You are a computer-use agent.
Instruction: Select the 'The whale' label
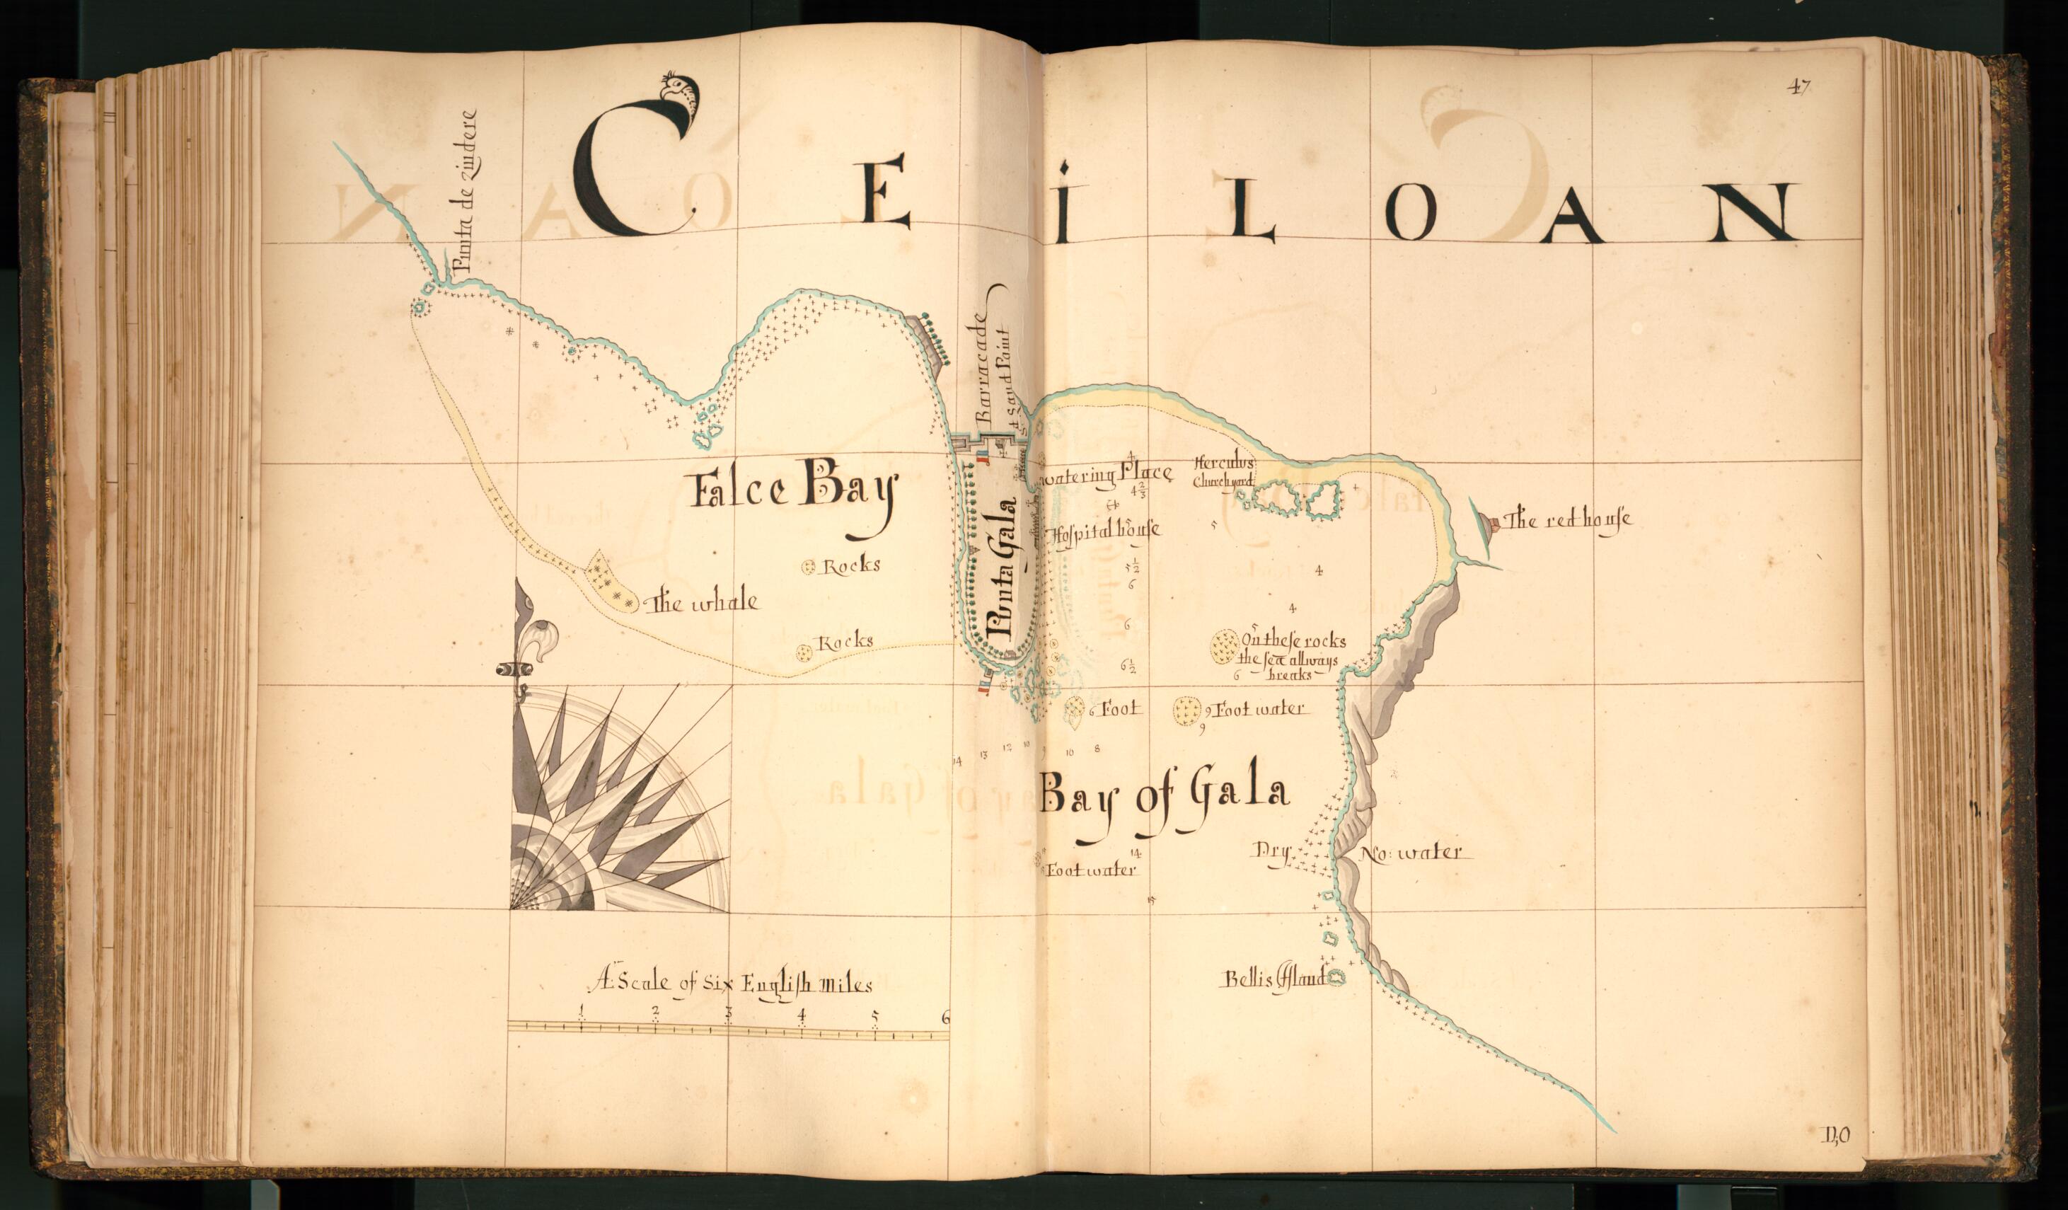[x=703, y=604]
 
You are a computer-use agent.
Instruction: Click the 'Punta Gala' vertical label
[x=1003, y=569]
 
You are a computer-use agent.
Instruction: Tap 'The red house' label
[x=1566, y=519]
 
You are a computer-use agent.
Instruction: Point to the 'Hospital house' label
[x=1104, y=530]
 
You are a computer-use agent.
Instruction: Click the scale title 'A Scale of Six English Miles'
[x=730, y=983]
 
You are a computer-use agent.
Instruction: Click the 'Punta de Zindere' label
[x=466, y=190]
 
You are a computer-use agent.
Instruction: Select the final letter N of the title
[x=1756, y=212]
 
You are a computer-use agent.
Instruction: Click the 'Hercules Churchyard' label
[x=1225, y=472]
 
